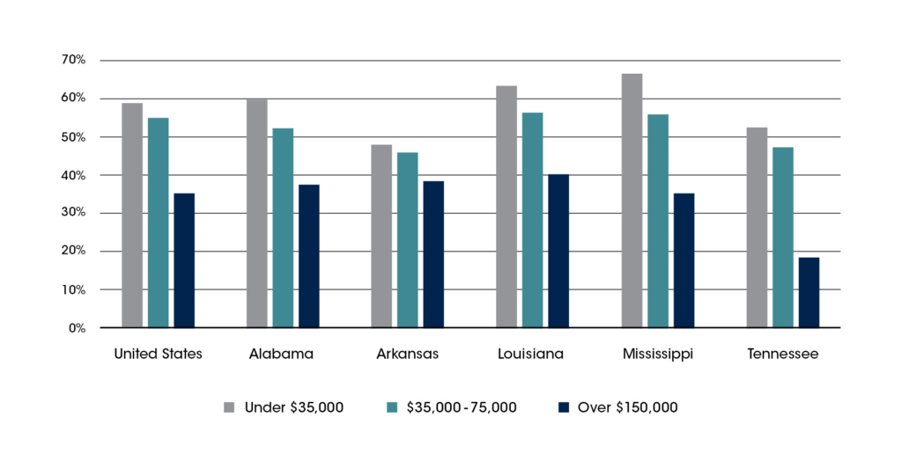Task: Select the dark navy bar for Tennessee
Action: (x=809, y=292)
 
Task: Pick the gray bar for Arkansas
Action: (x=381, y=236)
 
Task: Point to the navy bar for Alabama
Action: (x=308, y=256)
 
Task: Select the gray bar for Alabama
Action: (x=256, y=214)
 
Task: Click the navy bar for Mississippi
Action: (x=684, y=260)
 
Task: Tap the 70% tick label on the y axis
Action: (x=73, y=60)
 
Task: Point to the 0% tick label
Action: (x=77, y=328)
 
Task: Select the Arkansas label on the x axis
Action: (x=407, y=355)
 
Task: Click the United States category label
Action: (x=159, y=355)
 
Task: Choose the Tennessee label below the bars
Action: (x=782, y=355)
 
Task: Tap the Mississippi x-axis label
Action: (x=657, y=355)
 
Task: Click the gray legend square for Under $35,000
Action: (x=229, y=407)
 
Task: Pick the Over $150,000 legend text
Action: (x=627, y=407)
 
